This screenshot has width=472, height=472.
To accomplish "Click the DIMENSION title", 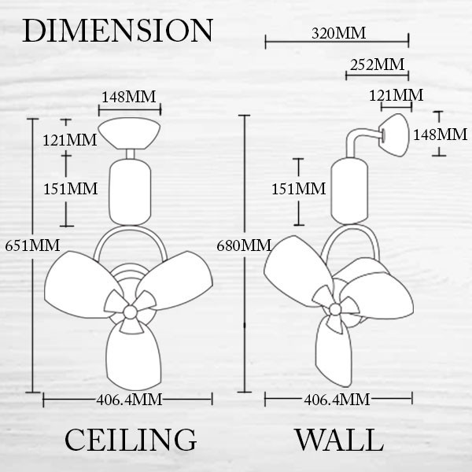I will pyautogui.click(x=118, y=31).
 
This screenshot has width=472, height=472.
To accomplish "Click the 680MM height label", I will pyautogui.click(x=243, y=245).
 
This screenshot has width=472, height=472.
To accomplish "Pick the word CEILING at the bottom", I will pyautogui.click(x=130, y=439).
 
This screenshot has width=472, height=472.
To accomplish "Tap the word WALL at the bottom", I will pyautogui.click(x=339, y=439).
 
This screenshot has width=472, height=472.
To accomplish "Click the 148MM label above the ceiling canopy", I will pyautogui.click(x=130, y=98).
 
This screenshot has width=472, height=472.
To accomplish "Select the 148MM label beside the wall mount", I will pyautogui.click(x=440, y=134).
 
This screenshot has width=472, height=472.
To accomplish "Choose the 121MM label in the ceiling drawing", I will pyautogui.click(x=70, y=140).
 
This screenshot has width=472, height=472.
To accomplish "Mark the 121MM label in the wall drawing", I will pyautogui.click(x=396, y=96).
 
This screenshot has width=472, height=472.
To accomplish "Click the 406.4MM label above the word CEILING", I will pyautogui.click(x=129, y=400).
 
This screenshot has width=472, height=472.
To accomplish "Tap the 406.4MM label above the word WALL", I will pyautogui.click(x=336, y=400).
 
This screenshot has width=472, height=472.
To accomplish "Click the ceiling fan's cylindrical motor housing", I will pyautogui.click(x=127, y=190).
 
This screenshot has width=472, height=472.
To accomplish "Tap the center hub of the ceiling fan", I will pyautogui.click(x=129, y=312).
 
